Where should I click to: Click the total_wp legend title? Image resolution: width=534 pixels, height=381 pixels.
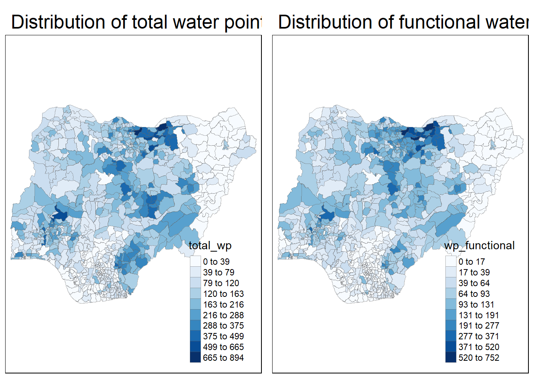coord(210,246)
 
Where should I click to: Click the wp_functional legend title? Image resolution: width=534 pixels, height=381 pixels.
coord(480,246)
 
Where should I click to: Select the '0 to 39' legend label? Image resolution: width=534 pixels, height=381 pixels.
coord(216,262)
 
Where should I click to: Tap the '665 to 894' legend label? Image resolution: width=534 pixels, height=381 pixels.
coord(223,358)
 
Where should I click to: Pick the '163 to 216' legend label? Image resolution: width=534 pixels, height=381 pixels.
coord(223,305)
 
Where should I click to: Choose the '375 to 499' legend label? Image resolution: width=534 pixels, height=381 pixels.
coord(223,337)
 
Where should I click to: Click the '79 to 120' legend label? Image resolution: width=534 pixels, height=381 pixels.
coord(221,283)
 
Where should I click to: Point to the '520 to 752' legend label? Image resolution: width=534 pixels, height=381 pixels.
coord(479,358)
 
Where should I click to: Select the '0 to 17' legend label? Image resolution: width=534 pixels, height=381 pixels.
coord(472,262)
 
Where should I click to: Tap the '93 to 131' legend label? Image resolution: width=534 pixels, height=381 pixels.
coord(476,305)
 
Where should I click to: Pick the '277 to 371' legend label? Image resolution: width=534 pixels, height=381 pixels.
coord(479,337)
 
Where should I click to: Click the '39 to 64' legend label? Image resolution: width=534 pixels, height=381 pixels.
coord(474,283)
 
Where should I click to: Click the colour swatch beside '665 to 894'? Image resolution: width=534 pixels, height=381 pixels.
coord(195,357)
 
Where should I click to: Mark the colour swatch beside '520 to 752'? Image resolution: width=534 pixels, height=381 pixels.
coord(451,357)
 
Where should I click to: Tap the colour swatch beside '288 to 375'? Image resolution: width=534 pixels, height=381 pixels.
coord(195,325)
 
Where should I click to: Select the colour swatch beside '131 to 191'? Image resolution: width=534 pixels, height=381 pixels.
coord(451,315)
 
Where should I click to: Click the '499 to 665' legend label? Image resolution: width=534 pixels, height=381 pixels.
coord(223,347)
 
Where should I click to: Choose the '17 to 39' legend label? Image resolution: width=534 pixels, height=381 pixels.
coord(474,273)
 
